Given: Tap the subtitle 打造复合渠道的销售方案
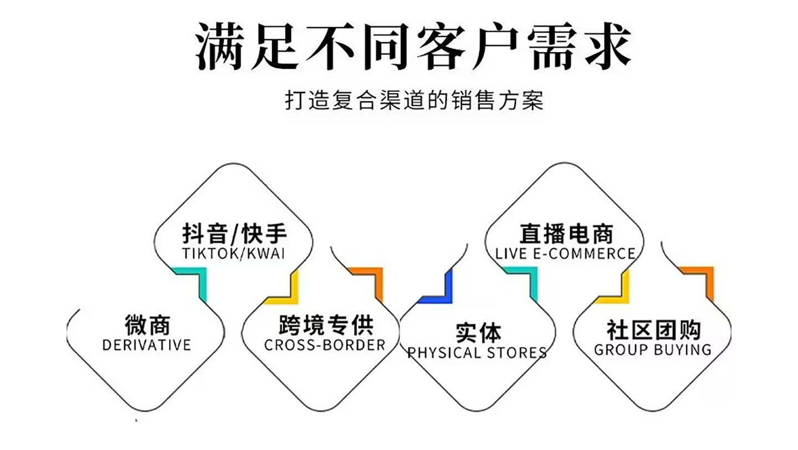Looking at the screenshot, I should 414,101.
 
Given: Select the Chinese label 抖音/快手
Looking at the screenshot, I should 234,234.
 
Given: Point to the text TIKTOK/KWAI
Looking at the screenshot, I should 233,254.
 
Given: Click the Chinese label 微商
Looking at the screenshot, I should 147,324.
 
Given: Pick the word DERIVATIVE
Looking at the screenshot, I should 146,345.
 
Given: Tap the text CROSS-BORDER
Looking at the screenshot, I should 325,345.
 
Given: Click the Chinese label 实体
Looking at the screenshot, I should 478,332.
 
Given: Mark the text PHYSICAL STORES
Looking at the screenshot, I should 477,353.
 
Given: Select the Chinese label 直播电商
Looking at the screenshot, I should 566,234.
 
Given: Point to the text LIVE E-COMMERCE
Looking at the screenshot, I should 565,254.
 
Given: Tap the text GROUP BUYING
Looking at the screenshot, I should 652,350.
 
